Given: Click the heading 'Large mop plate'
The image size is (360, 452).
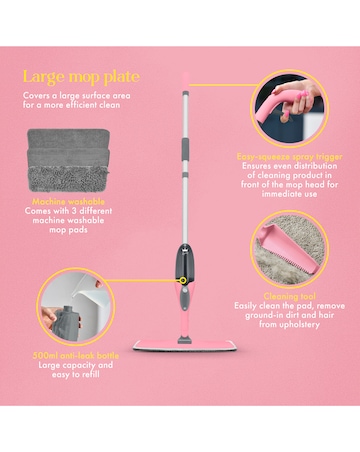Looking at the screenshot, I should (83, 76).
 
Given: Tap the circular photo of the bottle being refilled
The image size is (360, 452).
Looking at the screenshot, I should (75, 309).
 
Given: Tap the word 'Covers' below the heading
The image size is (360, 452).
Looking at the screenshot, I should (38, 96).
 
